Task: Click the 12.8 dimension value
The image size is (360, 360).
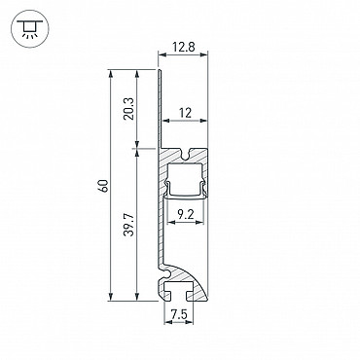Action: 184,48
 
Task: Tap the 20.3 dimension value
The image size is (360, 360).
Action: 128,109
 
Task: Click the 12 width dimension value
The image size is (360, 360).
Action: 185,113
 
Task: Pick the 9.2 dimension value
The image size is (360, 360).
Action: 186,214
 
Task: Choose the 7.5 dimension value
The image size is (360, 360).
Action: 179,314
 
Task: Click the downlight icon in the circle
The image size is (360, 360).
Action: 29,29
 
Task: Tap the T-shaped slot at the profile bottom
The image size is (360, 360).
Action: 179,291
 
